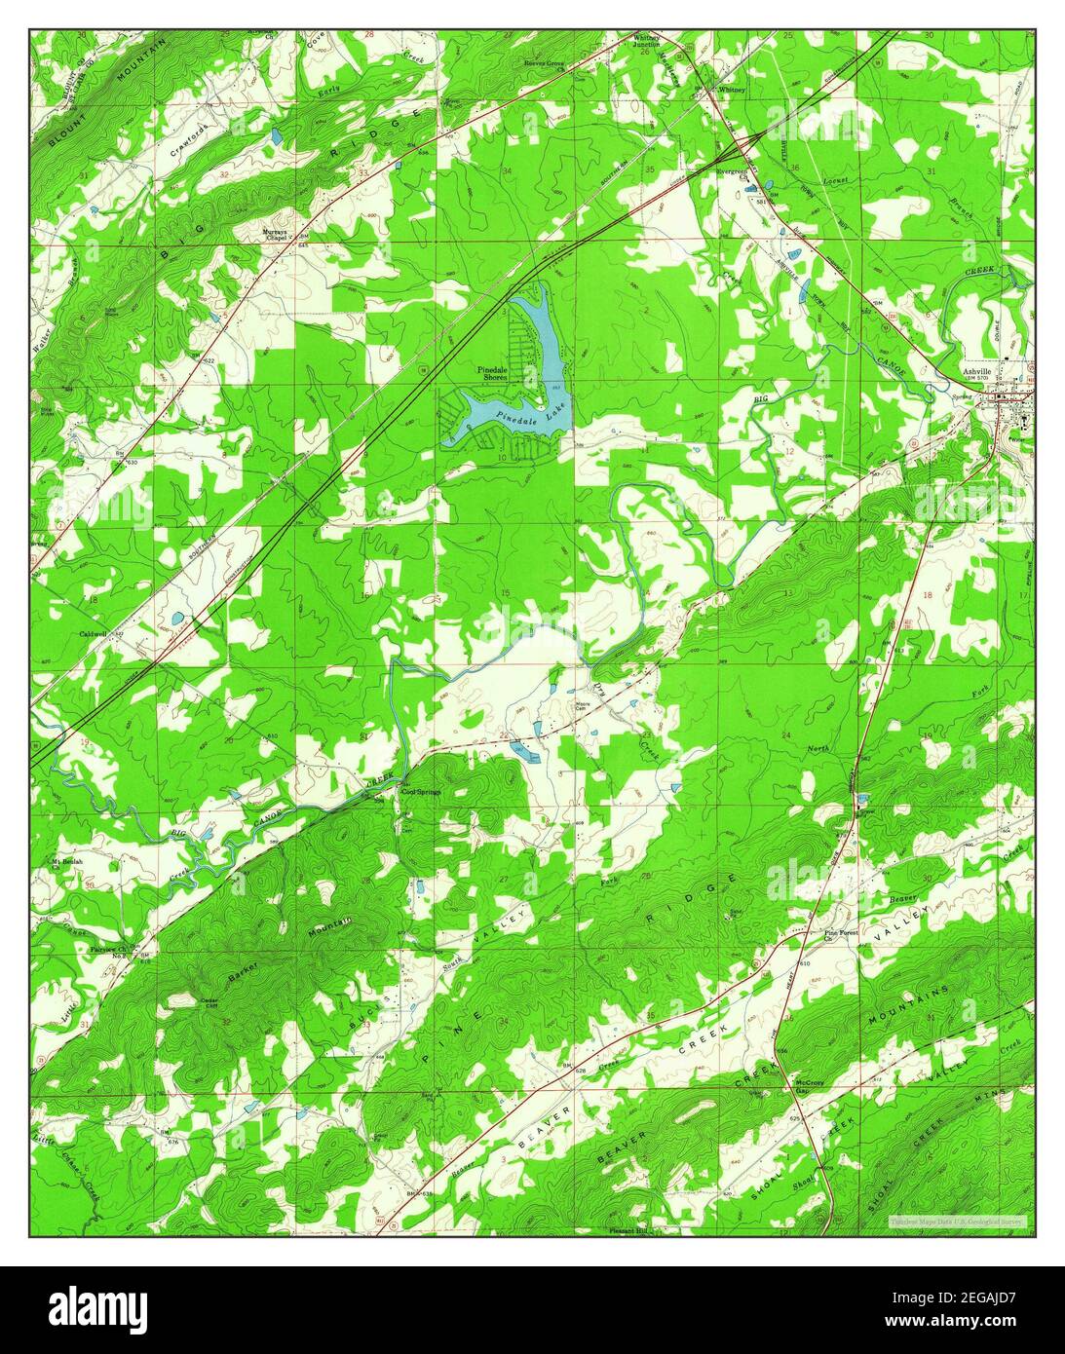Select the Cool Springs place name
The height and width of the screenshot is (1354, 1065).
(422, 791)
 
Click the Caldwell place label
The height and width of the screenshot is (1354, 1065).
(95, 633)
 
